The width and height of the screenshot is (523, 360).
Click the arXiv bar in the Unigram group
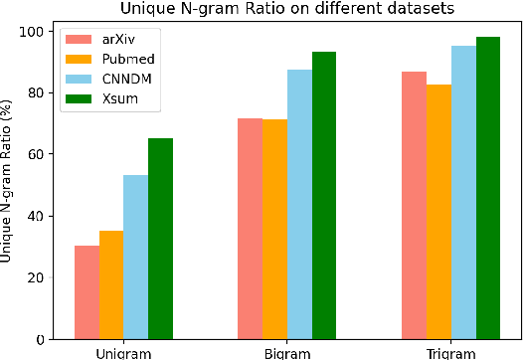[x=87, y=292]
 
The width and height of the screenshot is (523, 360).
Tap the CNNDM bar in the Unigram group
[x=136, y=257]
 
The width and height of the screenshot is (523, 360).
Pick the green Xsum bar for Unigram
[x=161, y=239]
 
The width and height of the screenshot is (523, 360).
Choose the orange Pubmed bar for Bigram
[x=274, y=230]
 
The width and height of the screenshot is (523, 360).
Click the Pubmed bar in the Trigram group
[x=438, y=212]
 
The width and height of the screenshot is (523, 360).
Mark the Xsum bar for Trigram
[x=488, y=188]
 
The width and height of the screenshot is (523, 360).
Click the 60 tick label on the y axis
[x=38, y=154]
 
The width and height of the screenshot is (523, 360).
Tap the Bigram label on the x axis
[x=287, y=353]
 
